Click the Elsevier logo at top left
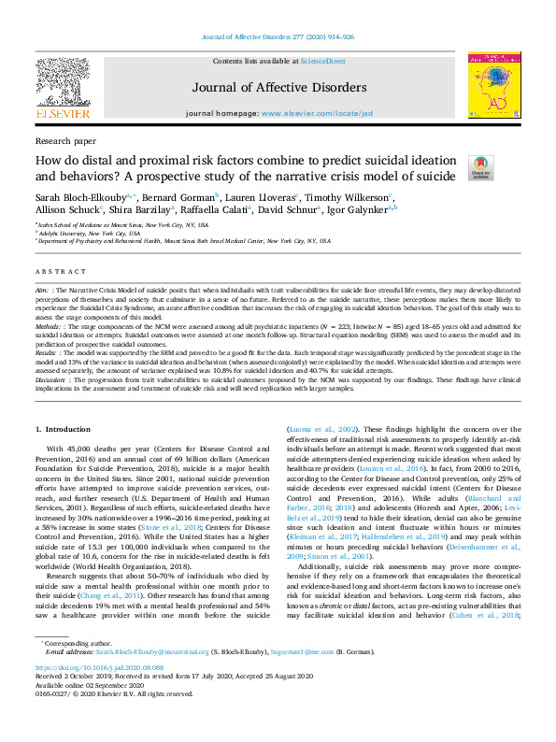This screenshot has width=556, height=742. [63, 89]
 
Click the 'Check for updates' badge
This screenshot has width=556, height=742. [480, 165]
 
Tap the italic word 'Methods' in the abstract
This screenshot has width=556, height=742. [48, 300]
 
